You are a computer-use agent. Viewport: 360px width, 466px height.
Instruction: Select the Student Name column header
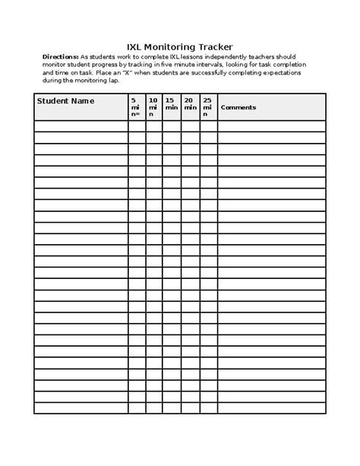click(65, 100)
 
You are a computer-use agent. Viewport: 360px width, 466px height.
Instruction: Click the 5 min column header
click(135, 107)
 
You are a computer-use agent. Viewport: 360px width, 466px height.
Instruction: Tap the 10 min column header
click(153, 107)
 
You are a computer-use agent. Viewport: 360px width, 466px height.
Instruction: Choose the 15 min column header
click(171, 103)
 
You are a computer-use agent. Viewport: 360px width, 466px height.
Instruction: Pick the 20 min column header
click(190, 103)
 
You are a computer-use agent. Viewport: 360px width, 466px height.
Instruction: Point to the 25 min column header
click(208, 103)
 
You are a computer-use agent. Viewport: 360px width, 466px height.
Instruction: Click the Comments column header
click(238, 107)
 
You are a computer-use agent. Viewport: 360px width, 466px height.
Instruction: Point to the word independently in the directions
click(218, 57)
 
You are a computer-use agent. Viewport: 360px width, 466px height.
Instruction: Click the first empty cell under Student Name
click(81, 126)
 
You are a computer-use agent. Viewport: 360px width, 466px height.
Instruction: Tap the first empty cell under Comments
click(271, 126)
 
